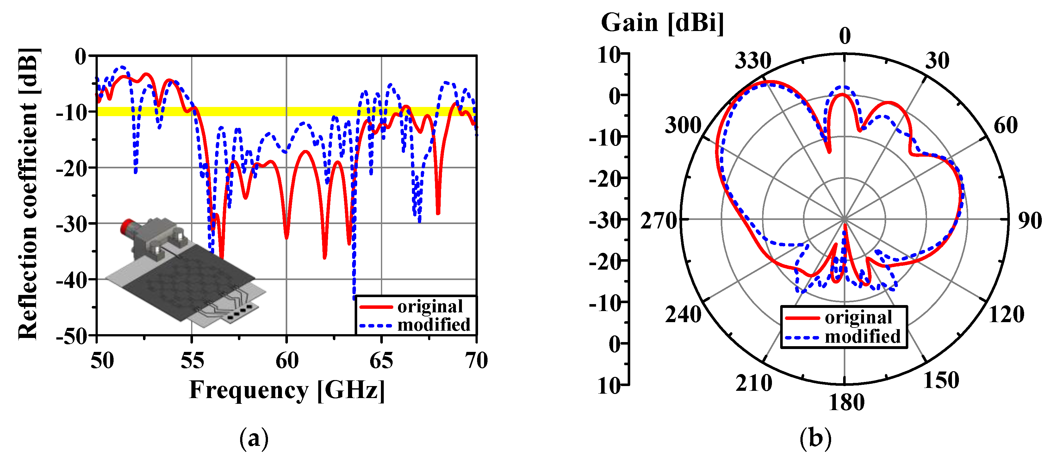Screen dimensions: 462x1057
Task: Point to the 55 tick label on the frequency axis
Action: (x=192, y=361)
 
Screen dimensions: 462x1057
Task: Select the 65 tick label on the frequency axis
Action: (x=381, y=361)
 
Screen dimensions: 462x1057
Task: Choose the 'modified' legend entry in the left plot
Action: (x=433, y=325)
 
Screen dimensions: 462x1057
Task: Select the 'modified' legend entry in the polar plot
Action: (x=862, y=336)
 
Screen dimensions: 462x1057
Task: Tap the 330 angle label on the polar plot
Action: (x=753, y=61)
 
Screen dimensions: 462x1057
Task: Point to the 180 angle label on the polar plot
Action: (x=846, y=403)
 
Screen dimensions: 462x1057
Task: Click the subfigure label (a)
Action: (x=254, y=439)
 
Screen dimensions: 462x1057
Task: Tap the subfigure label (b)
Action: (x=815, y=439)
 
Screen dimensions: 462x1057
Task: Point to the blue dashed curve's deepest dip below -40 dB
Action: (x=354, y=297)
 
